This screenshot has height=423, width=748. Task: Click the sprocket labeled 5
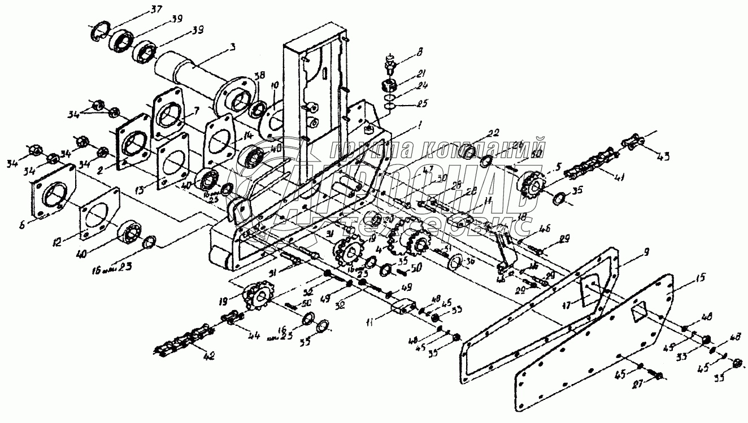[529, 183]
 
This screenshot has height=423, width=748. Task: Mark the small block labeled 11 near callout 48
[403, 308]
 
